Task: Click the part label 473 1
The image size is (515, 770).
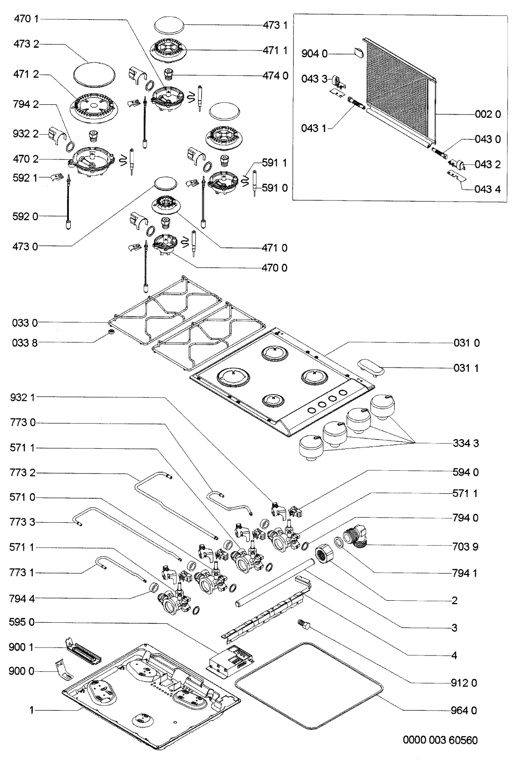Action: (x=276, y=25)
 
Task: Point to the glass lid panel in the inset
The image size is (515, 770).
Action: (x=400, y=91)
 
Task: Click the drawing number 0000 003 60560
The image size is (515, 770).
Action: (x=440, y=741)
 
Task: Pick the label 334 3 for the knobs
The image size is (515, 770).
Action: (x=466, y=443)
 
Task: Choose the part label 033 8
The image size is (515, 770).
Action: (x=25, y=343)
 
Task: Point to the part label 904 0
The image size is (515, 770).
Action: (x=314, y=55)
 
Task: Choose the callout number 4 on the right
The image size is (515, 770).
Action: (x=454, y=655)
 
